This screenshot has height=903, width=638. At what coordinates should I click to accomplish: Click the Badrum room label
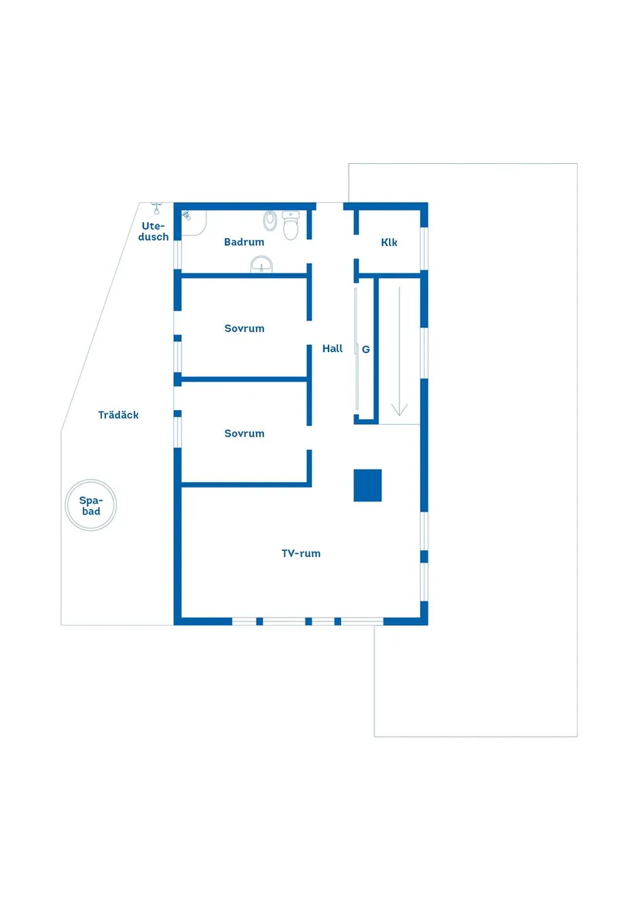point(244,242)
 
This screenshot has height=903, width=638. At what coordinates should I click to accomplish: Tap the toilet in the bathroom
point(291,225)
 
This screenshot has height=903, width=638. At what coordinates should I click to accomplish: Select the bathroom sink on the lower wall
point(261,265)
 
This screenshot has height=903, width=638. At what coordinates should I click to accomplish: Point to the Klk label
point(389,242)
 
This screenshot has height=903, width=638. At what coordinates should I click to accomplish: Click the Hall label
point(333,348)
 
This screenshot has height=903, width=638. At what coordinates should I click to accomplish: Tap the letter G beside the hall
point(366,350)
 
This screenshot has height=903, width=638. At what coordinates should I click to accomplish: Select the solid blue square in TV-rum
point(368,485)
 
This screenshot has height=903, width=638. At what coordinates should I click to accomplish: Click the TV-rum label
point(301,553)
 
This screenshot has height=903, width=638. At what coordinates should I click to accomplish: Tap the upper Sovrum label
point(244,328)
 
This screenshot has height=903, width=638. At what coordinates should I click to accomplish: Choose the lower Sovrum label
point(244,433)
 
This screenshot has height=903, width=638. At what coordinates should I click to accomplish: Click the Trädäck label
point(118,415)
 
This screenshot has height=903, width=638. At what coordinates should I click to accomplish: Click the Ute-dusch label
point(154,231)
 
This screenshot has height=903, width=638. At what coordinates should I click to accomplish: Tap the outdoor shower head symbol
point(157,208)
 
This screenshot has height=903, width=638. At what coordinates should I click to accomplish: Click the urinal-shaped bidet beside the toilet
point(270,220)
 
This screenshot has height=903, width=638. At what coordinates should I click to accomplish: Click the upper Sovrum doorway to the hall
point(309,333)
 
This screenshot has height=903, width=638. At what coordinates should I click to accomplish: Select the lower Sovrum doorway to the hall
point(309,438)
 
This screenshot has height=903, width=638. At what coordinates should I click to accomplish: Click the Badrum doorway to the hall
point(309,251)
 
